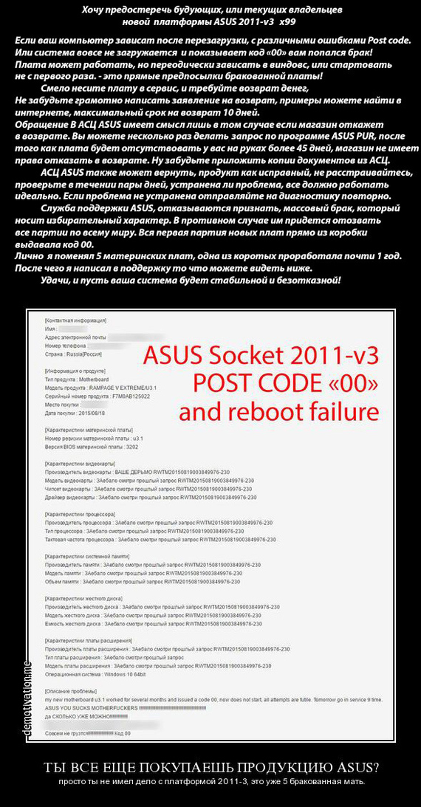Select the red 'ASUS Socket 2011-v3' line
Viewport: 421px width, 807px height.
pos(261,355)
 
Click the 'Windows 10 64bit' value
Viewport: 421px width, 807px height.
pos(125,674)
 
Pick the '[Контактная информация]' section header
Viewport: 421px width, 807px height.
pos(75,320)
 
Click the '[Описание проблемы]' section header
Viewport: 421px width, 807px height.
pos(71,691)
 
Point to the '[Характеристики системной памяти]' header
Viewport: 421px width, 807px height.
pos(88,535)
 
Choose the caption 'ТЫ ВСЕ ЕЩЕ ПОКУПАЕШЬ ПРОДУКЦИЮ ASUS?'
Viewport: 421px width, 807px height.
pos(210,766)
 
